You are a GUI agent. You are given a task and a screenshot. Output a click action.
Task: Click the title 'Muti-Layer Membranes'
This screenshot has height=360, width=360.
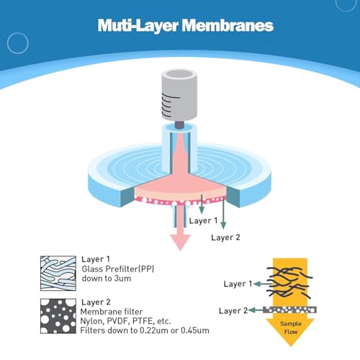[x=186, y=25]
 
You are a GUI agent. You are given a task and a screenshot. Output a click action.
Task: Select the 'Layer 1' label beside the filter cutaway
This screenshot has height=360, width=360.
[x=203, y=220]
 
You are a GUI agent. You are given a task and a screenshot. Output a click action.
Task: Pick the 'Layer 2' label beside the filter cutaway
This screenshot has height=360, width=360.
[x=225, y=238]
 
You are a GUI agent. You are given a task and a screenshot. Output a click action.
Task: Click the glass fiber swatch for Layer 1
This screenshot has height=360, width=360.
[x=58, y=274]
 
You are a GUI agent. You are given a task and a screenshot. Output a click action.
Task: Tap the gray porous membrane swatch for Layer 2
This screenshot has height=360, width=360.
[x=58, y=316]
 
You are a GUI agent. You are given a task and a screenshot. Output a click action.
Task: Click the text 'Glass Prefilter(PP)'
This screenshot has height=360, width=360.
[x=118, y=269]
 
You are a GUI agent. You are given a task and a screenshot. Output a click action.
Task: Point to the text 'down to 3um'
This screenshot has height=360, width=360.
[x=107, y=279]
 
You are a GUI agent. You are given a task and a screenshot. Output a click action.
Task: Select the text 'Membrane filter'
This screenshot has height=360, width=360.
[x=112, y=312]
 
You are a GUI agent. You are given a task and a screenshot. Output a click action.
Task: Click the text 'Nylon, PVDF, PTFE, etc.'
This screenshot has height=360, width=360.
[x=125, y=321]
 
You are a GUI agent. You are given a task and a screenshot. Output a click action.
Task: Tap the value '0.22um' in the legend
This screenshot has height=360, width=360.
[x=154, y=330]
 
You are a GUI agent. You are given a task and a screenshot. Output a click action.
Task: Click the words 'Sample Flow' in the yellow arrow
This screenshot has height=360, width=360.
[x=291, y=328]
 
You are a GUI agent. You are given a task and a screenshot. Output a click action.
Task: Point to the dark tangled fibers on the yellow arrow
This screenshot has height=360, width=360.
[x=289, y=283]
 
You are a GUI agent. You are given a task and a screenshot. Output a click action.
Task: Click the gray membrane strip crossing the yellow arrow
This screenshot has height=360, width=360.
[x=289, y=310]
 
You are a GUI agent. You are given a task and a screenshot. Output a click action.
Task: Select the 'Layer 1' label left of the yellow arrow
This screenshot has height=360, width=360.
[x=238, y=284]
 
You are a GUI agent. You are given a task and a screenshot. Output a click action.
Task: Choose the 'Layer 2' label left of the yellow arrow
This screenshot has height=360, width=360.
[x=233, y=311]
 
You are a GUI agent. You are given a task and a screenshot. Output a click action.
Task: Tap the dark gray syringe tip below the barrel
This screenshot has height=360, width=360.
[x=179, y=125]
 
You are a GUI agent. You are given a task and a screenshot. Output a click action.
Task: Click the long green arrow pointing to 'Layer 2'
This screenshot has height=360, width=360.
[x=223, y=213]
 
